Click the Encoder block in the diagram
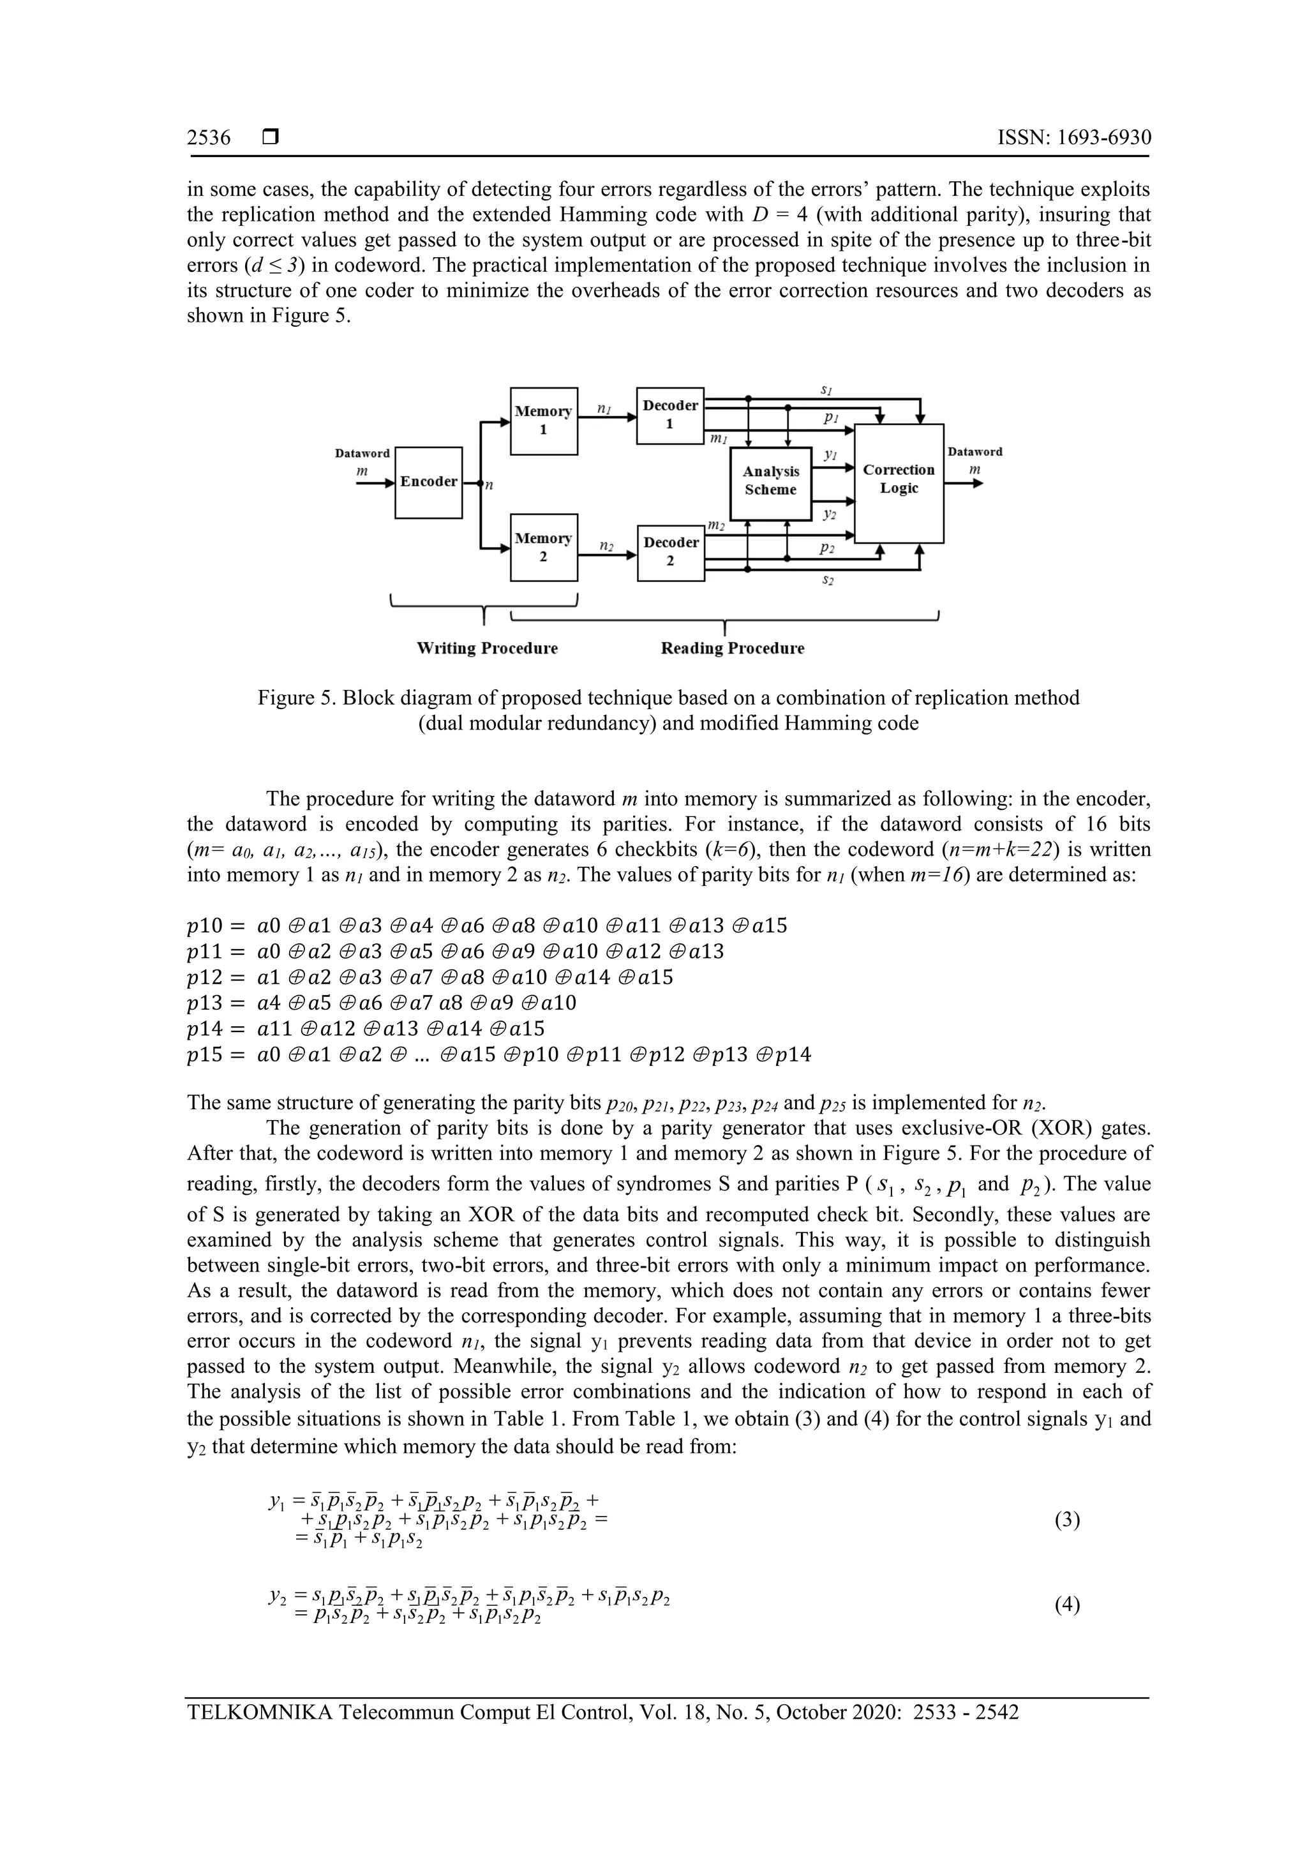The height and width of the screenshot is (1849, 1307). click(x=428, y=483)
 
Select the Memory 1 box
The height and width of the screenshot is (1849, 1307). click(x=544, y=421)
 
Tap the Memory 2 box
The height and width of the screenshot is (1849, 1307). click(x=544, y=547)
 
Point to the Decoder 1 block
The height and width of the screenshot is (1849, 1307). click(x=670, y=415)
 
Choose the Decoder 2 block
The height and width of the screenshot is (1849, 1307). click(x=670, y=551)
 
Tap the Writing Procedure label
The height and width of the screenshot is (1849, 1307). click(x=486, y=648)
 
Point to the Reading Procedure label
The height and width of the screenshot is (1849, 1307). click(x=732, y=648)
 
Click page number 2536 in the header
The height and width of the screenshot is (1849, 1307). click(x=209, y=138)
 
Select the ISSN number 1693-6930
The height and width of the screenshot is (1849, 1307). click(x=1103, y=138)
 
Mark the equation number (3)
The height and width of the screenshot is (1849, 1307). click(x=1066, y=1520)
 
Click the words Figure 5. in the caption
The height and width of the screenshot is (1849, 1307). click(x=295, y=698)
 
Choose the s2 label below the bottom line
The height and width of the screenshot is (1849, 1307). click(x=828, y=580)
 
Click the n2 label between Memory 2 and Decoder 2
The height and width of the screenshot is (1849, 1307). click(x=606, y=546)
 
